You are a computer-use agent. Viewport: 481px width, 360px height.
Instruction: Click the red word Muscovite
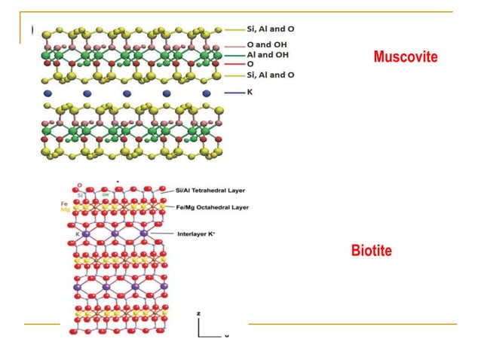click(405, 57)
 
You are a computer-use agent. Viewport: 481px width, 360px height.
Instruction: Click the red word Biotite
click(371, 252)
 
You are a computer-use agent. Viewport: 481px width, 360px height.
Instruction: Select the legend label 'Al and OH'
click(267, 55)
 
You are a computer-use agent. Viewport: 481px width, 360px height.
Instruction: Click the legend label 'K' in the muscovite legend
click(250, 92)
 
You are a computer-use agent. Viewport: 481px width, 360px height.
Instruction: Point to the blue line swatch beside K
click(235, 93)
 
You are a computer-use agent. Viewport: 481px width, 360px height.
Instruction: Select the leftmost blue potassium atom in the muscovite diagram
click(48, 93)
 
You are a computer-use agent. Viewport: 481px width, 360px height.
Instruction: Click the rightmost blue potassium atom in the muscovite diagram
click(206, 93)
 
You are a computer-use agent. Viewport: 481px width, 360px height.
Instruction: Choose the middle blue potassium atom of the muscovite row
click(127, 93)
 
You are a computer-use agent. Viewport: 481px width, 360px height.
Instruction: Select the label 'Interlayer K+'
click(198, 234)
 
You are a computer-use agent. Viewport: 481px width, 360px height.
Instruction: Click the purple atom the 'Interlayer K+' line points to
click(143, 235)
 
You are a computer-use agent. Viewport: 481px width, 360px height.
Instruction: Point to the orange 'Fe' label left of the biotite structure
click(65, 204)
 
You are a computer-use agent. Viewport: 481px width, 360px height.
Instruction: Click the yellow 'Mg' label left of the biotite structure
click(65, 211)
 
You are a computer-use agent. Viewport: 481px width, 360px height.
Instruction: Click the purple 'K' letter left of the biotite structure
click(77, 235)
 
